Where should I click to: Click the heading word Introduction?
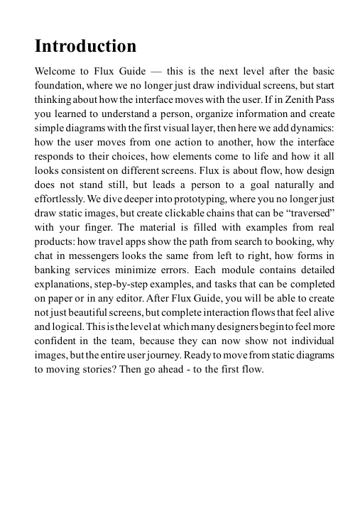(85, 47)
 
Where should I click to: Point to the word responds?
(56, 162)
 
